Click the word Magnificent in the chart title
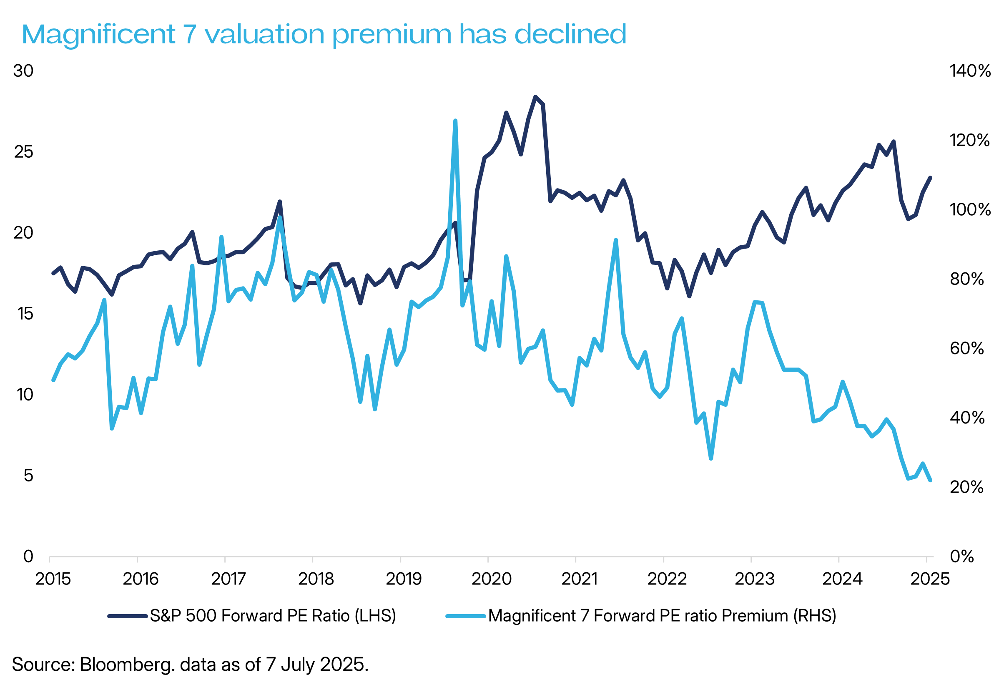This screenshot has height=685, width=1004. point(98,35)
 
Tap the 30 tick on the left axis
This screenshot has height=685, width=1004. point(23,71)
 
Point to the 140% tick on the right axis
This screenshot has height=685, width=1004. point(970,71)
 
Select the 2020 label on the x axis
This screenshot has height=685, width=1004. point(492,579)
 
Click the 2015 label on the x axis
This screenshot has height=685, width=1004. point(53,579)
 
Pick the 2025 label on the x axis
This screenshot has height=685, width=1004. point(930,579)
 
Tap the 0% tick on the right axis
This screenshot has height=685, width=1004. point(961,556)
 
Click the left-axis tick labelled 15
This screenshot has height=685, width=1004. point(25,314)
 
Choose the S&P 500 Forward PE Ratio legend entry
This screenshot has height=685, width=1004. point(273,616)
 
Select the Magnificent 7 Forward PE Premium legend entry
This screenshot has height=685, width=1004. point(662,616)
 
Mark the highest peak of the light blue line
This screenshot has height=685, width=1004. point(455,121)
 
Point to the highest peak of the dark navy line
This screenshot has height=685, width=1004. point(535,97)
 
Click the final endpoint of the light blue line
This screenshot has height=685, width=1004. point(930,480)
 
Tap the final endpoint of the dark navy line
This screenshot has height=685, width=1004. point(931,178)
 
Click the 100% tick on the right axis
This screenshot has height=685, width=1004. point(970,209)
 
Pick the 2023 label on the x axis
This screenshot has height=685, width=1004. point(754,579)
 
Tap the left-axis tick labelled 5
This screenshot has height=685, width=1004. point(28,476)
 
